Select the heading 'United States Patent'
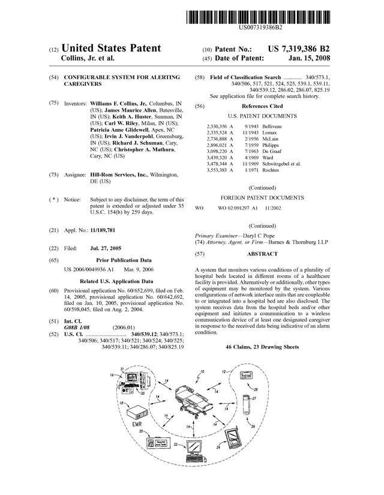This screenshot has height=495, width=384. [x=111, y=48]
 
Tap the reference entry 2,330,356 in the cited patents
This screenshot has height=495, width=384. [x=219, y=127]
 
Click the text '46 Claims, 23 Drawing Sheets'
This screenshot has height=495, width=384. [x=262, y=347]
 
